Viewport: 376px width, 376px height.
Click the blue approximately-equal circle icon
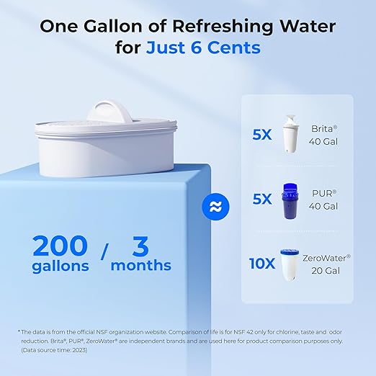click(214, 205)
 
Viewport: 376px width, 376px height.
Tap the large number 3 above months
click(140, 246)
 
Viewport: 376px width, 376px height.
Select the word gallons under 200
click(61, 266)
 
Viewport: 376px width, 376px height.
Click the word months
click(141, 266)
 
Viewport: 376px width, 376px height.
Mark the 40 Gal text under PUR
click(323, 206)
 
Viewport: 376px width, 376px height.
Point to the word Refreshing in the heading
click(215, 26)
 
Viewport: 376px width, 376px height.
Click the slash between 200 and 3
click(105, 252)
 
